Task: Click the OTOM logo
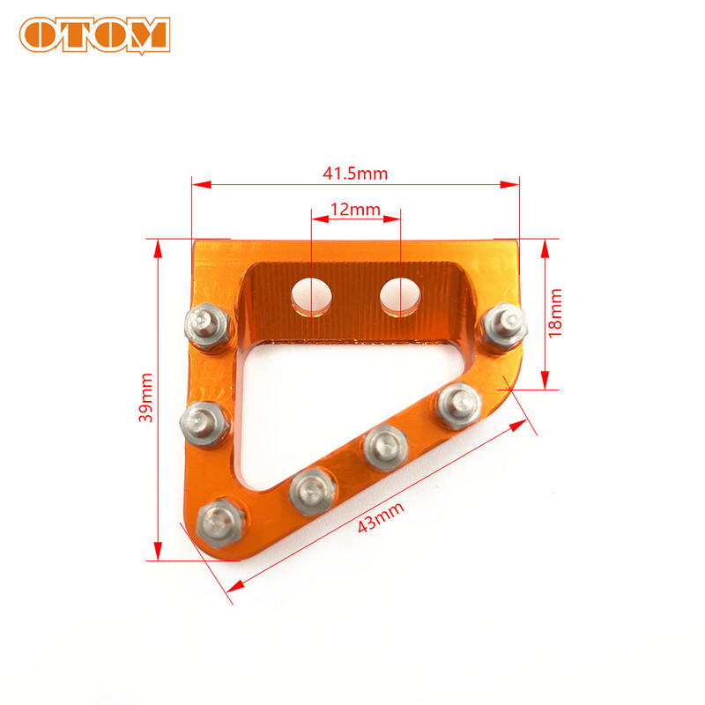tap(94, 34)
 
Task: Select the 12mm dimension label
tap(354, 210)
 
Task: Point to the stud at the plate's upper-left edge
tap(207, 323)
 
